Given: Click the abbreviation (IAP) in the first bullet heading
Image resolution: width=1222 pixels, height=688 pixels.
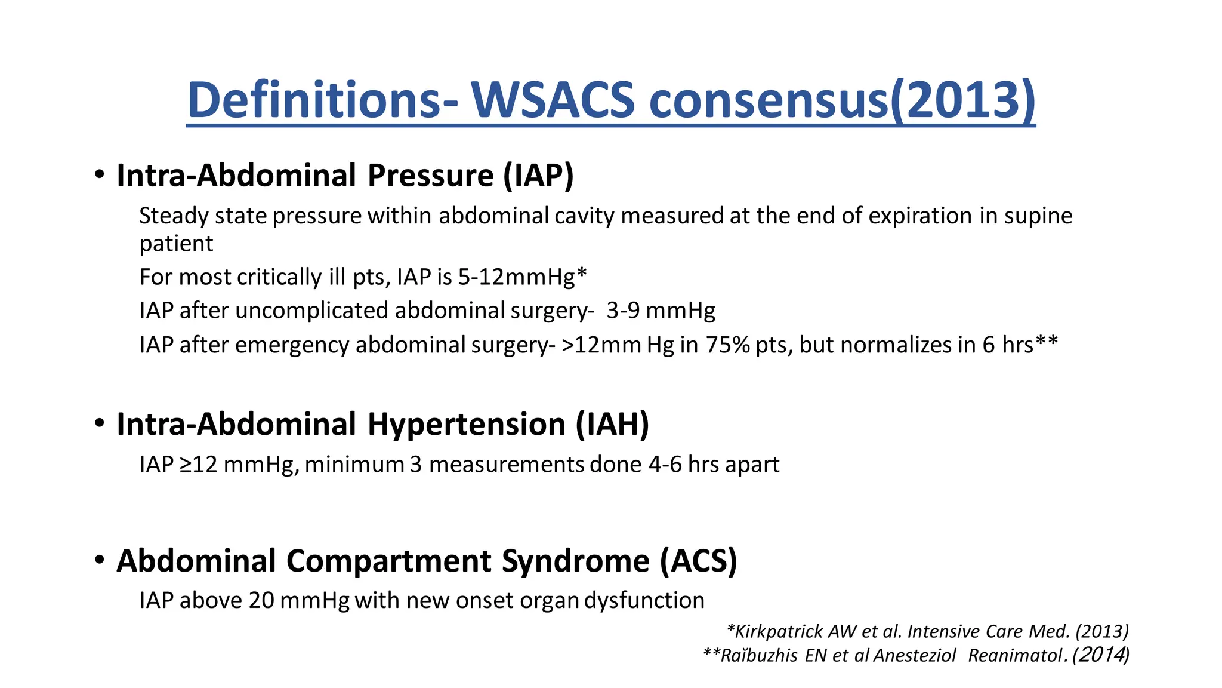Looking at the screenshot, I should click(538, 176).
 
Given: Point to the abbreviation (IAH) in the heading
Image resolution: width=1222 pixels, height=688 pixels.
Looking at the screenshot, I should click(613, 424).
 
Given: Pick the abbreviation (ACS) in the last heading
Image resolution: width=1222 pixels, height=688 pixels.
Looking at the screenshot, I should click(699, 561).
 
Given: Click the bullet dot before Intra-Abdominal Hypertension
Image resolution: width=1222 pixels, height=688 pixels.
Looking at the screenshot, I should click(100, 424).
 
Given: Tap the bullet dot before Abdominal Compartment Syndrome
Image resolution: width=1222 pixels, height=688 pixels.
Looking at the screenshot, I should click(100, 561).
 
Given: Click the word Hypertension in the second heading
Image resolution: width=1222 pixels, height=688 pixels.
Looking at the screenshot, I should click(466, 424).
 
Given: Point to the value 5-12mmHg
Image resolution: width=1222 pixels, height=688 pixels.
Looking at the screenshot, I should click(516, 277).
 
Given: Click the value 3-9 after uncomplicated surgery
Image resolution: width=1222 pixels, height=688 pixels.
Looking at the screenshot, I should click(623, 311).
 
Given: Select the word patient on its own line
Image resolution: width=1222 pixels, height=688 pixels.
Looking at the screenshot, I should click(176, 244).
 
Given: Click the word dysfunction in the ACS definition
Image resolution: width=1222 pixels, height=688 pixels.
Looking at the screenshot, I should click(644, 600).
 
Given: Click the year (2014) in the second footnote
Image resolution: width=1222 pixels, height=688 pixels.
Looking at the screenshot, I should click(1101, 655).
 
